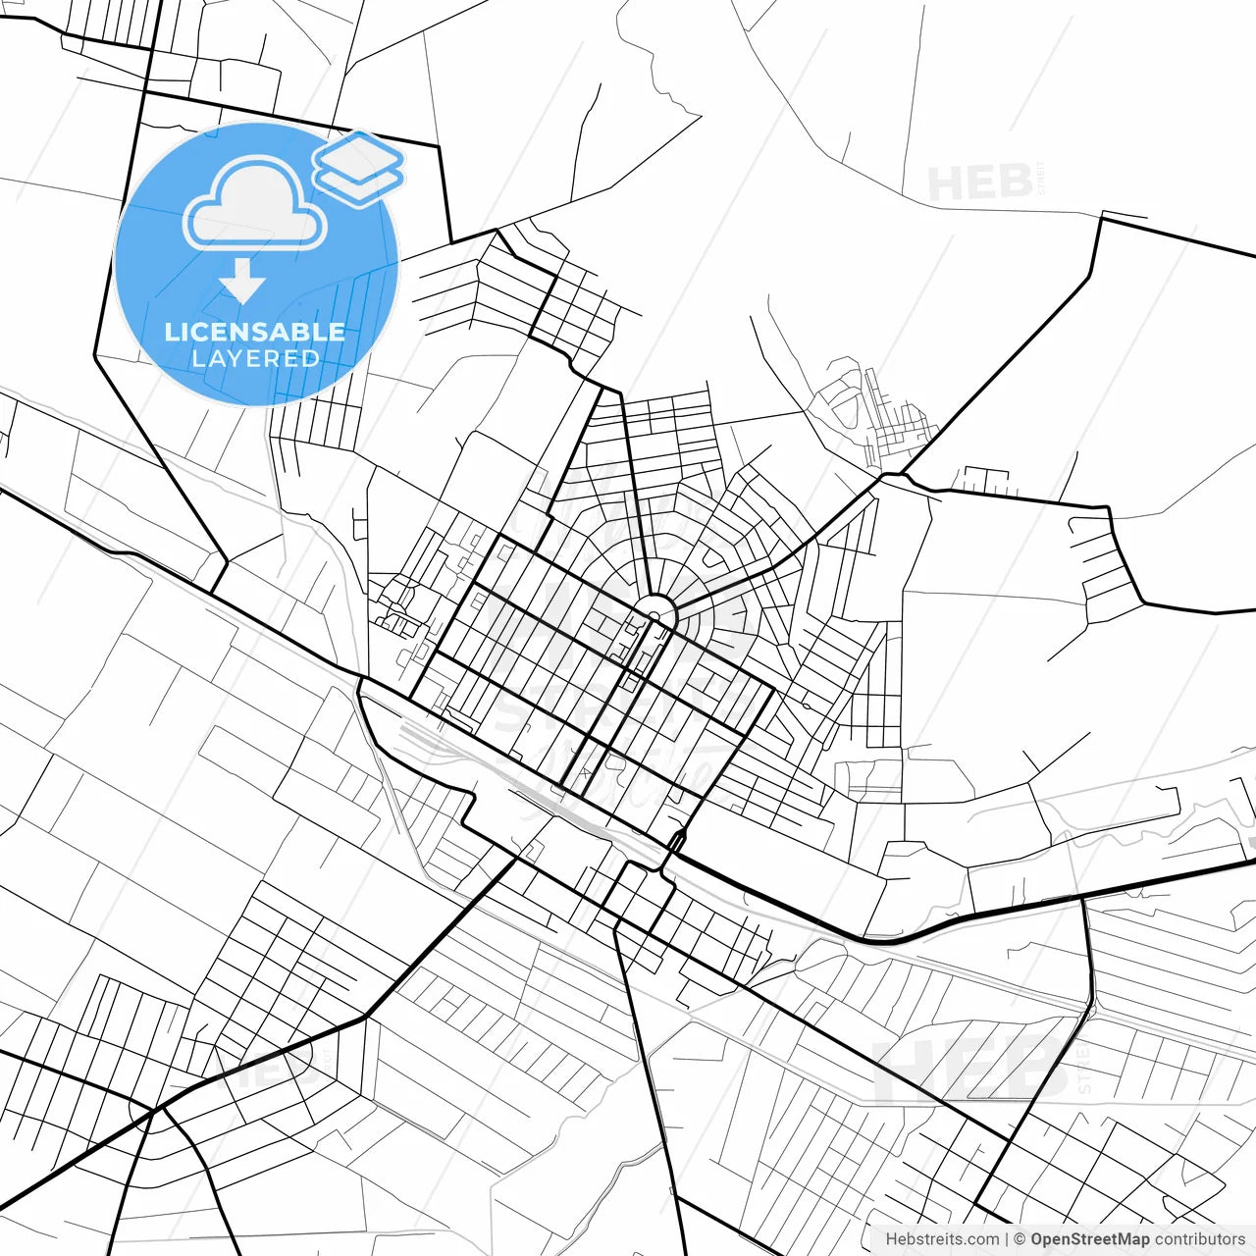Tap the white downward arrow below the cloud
click(x=241, y=283)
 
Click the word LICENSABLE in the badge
click(x=255, y=332)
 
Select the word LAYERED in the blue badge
click(x=255, y=359)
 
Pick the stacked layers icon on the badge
click(x=358, y=167)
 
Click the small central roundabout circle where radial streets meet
click(x=660, y=610)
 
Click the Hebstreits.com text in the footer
click(x=942, y=1239)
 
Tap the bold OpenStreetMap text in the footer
click(x=1089, y=1239)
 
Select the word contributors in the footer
click(x=1199, y=1239)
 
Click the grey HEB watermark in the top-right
click(x=979, y=183)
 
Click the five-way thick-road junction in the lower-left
click(x=154, y=1110)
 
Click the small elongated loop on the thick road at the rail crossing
click(x=676, y=840)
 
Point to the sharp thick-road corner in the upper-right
click(x=1102, y=219)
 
